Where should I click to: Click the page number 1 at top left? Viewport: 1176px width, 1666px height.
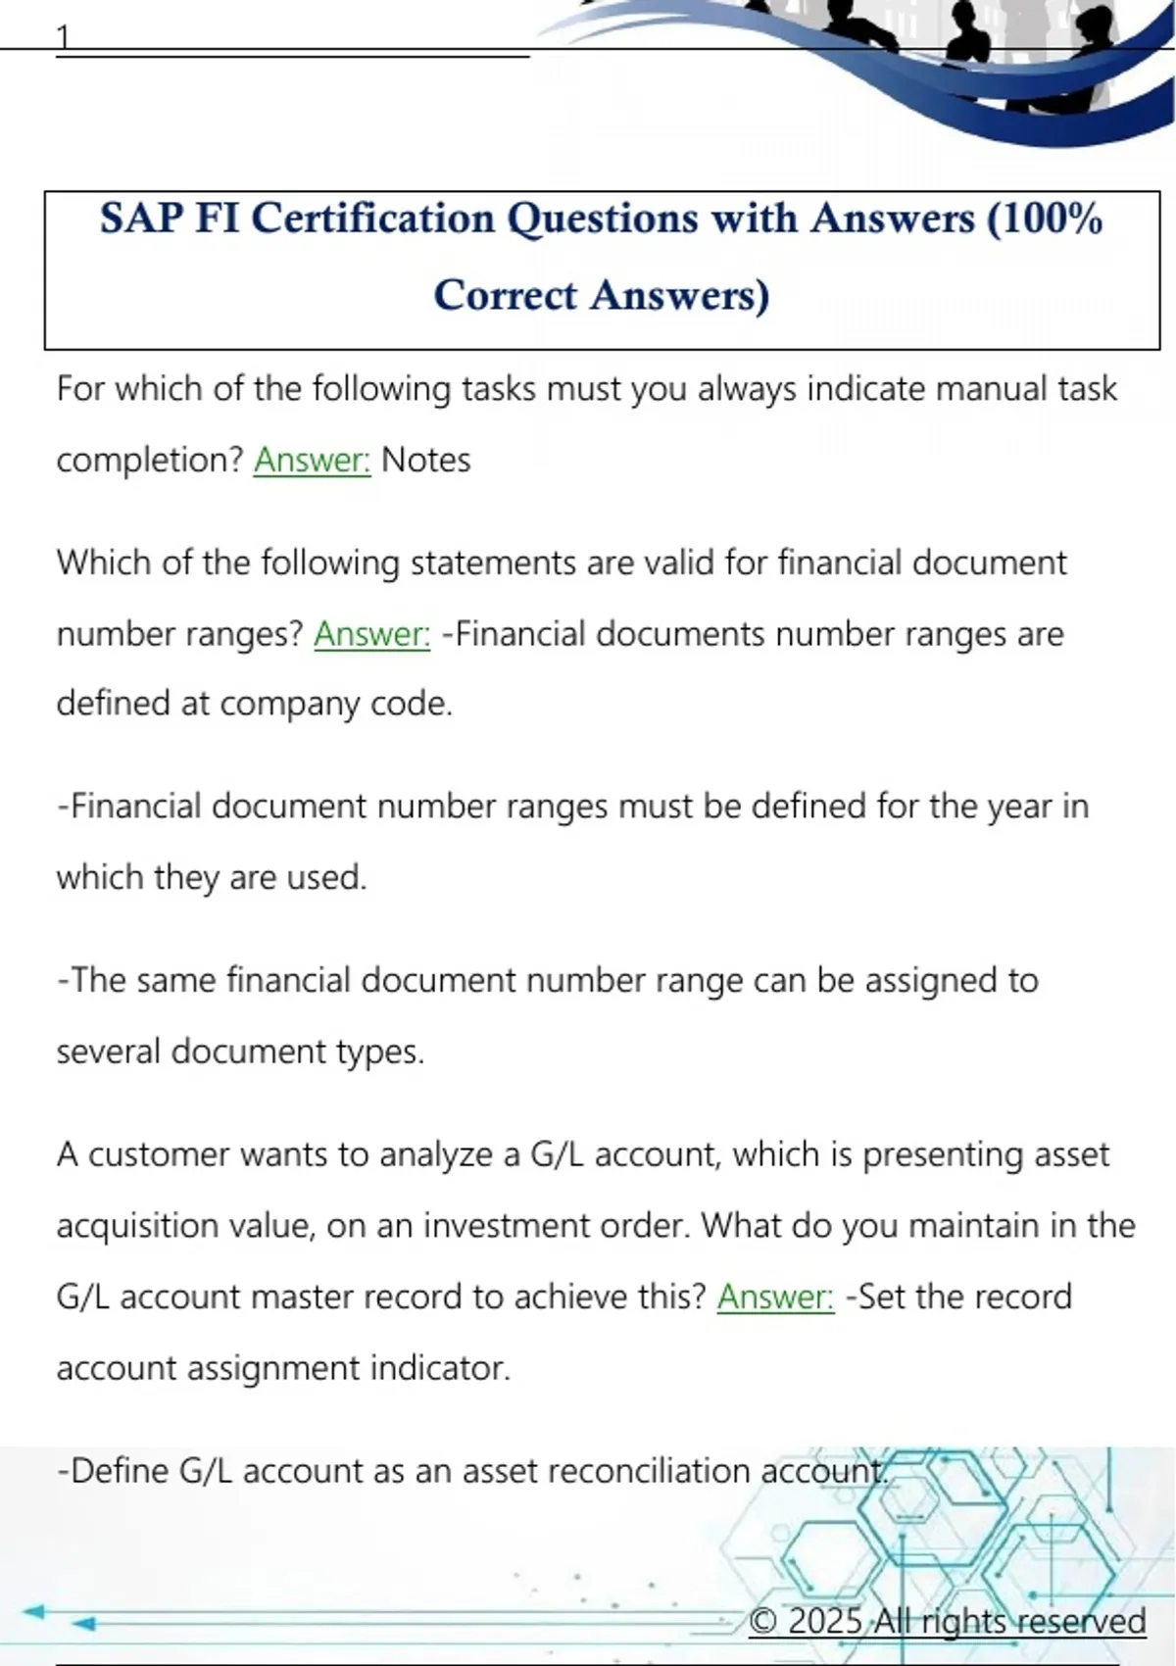64,37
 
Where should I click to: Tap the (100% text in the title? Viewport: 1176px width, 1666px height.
1045,219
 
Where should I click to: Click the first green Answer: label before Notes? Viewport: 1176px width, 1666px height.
312,460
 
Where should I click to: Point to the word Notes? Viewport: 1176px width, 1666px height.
425,460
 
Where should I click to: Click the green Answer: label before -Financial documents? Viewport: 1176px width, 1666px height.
371,634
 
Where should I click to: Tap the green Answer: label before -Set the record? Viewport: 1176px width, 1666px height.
775,1297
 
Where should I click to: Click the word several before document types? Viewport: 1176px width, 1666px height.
109,1052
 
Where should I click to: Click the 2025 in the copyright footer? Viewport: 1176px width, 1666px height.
824,1621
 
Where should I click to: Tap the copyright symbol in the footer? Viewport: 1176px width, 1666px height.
762,1621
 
